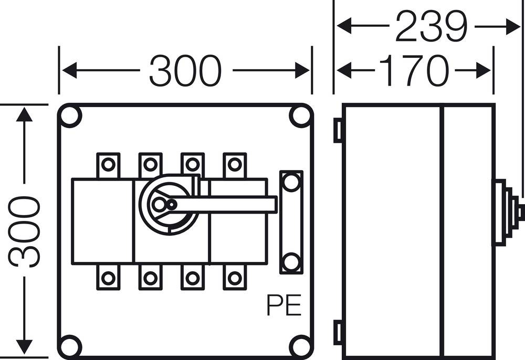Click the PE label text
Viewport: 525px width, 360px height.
click(284, 305)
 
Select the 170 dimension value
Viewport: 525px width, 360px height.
click(414, 71)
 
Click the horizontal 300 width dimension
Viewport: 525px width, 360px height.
click(185, 71)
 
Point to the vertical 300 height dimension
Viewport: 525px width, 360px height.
click(25, 231)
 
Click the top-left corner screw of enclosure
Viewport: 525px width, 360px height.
click(70, 117)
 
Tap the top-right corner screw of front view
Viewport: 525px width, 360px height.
click(300, 117)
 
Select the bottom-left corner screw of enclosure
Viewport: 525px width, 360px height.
click(70, 346)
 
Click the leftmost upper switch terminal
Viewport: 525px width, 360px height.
click(108, 165)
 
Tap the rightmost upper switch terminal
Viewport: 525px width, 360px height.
click(234, 165)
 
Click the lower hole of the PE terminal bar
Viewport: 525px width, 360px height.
click(291, 261)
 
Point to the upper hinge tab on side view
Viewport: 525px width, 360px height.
click(338, 131)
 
